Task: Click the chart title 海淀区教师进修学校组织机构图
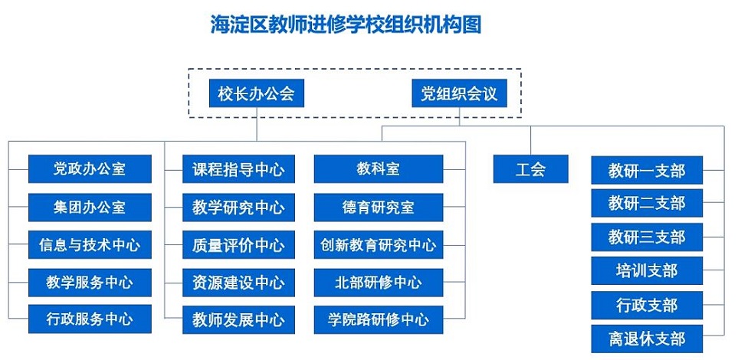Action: point(346,24)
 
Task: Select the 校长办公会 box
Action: point(256,93)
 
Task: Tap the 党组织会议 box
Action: point(459,93)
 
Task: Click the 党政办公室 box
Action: point(90,169)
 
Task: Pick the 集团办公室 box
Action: point(90,208)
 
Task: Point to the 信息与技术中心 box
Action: point(90,244)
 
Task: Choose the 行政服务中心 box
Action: point(90,319)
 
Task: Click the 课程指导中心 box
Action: point(238,169)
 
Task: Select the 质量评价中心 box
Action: point(238,244)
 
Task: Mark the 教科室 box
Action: point(379,169)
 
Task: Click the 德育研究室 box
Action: point(379,208)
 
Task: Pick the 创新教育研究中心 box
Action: point(379,244)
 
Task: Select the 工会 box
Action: point(530,169)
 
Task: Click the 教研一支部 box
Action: point(647,170)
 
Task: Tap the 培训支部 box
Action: point(647,271)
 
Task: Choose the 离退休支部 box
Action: point(647,339)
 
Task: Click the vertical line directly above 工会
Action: point(530,140)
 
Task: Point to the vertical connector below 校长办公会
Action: point(256,124)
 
